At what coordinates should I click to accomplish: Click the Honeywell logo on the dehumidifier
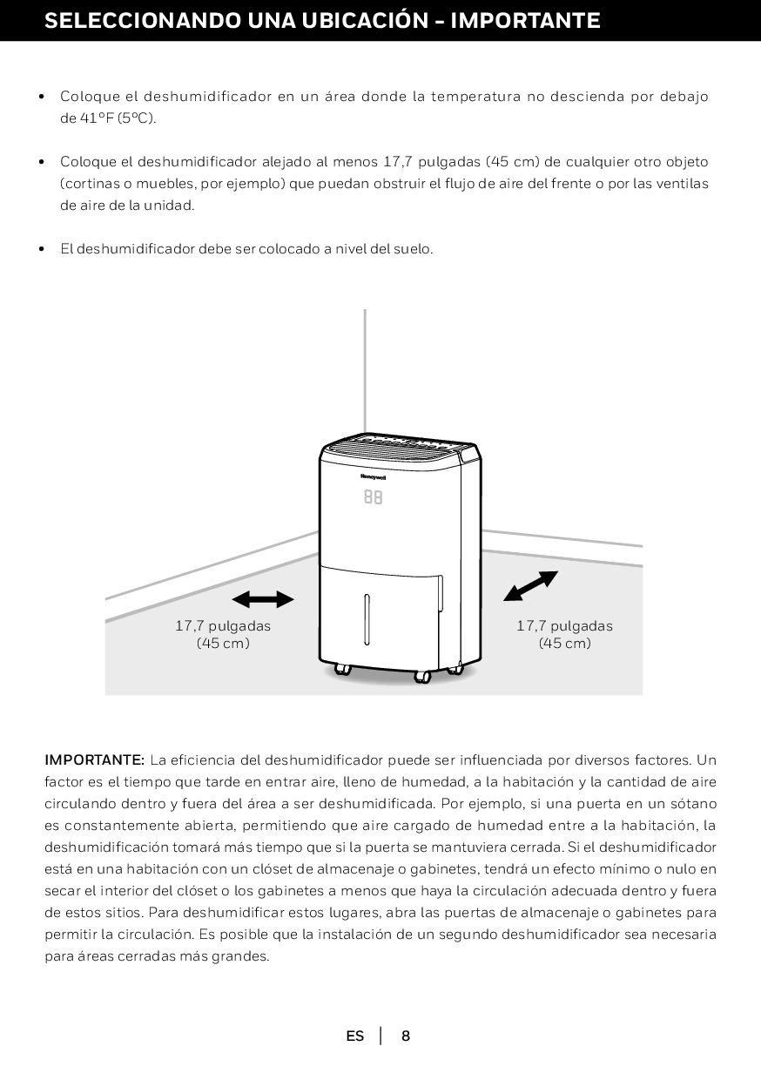click(x=373, y=476)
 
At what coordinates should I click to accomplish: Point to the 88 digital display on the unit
click(x=373, y=497)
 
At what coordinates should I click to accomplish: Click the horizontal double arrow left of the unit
click(x=263, y=599)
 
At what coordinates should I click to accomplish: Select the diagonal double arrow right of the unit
click(x=530, y=586)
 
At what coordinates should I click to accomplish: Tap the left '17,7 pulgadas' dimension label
click(x=223, y=626)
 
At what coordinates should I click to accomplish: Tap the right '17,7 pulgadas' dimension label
click(x=564, y=626)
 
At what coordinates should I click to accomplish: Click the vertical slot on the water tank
click(x=367, y=619)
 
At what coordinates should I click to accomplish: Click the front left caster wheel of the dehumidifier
click(x=342, y=670)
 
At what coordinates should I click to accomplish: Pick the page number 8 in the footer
click(x=406, y=1036)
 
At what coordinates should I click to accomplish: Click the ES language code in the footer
click(x=355, y=1036)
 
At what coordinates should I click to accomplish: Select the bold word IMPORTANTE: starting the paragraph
click(x=95, y=759)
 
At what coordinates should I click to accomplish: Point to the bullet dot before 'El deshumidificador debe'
click(x=42, y=249)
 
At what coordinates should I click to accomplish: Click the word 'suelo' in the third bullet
click(x=413, y=249)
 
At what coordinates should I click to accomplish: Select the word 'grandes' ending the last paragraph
click(x=244, y=955)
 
